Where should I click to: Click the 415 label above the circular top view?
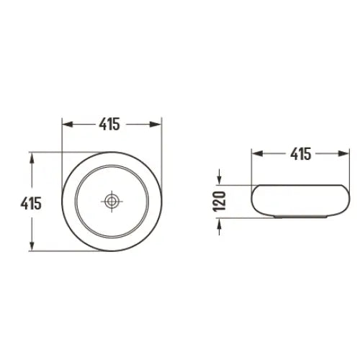coord(109,124)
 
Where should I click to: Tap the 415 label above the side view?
coord(296,153)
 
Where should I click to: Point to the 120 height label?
coord(221,201)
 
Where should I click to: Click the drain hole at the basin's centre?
coord(111,202)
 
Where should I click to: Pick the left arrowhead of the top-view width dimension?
coord(67,124)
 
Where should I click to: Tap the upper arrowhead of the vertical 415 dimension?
coord(31,158)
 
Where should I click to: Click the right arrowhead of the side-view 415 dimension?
coord(335,153)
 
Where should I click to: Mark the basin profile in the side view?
coord(296,201)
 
